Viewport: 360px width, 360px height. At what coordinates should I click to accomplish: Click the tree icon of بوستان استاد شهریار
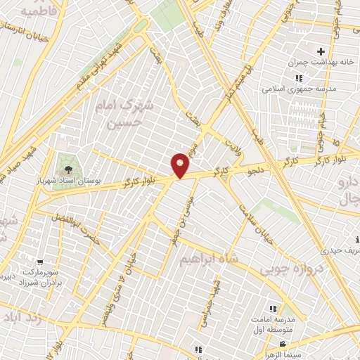(67, 168)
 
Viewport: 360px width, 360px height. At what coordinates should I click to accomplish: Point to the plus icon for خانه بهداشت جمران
(321, 51)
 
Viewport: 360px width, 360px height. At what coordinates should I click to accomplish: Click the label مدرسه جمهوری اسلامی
(290, 89)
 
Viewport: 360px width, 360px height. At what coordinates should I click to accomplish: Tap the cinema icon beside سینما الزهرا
(283, 345)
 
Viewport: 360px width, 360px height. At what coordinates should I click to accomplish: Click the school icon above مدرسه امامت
(273, 309)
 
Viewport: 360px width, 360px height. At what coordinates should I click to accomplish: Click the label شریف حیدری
(342, 250)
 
